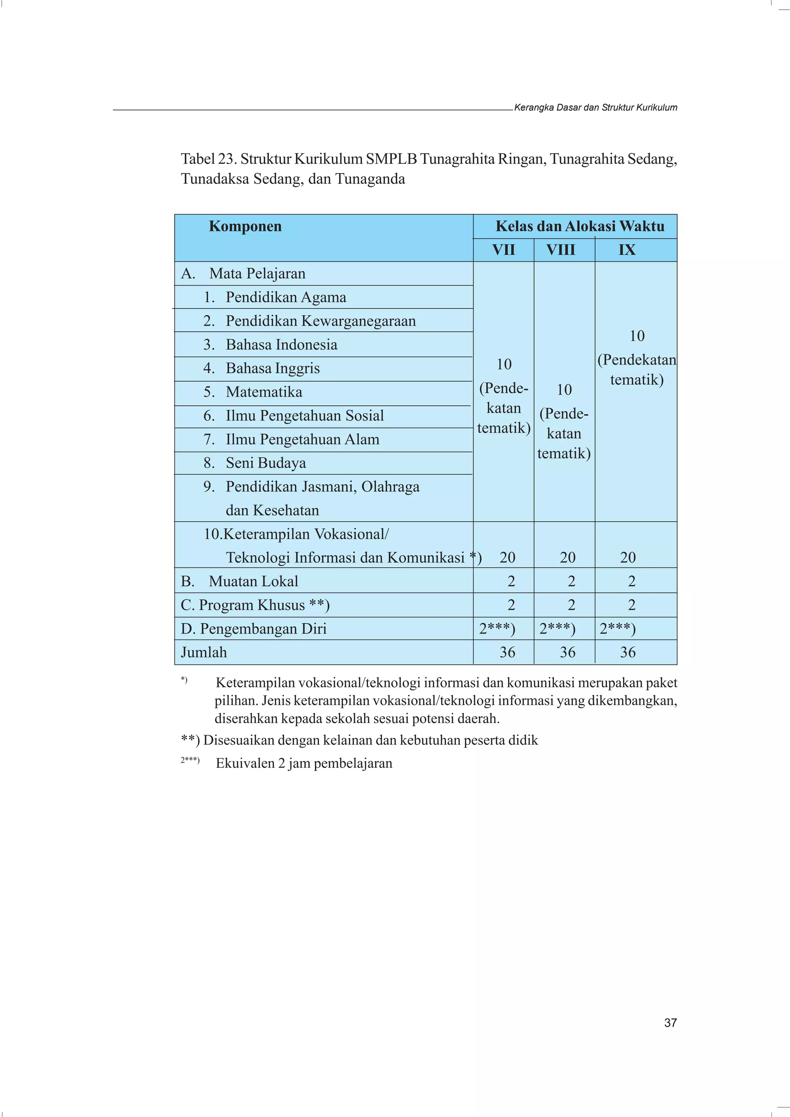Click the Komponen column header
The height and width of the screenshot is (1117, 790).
pos(245,227)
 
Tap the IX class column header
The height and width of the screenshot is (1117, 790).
pos(627,250)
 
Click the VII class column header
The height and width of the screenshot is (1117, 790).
pos(503,250)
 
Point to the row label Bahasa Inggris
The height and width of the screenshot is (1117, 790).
pos(273,368)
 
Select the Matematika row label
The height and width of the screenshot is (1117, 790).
pos(263,392)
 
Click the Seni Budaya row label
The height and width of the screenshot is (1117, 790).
pos(265,463)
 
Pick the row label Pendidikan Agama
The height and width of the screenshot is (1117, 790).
pos(286,297)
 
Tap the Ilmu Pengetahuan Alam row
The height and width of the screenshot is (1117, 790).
pos(302,439)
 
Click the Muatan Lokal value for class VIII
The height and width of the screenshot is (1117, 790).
pos(571,581)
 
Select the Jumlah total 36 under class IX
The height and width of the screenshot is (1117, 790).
pos(628,653)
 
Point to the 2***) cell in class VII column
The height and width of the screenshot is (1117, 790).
pos(497,629)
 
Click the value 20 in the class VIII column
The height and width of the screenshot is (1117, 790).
pos(567,557)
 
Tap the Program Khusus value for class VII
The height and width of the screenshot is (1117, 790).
pos(511,605)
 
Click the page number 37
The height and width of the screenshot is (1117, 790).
pos(670,1023)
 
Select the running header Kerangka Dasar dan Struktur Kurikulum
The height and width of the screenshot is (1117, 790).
pos(595,108)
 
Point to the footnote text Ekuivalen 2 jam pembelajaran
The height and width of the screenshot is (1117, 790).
pos(304,763)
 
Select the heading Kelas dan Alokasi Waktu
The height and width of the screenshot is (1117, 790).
pos(580,226)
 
